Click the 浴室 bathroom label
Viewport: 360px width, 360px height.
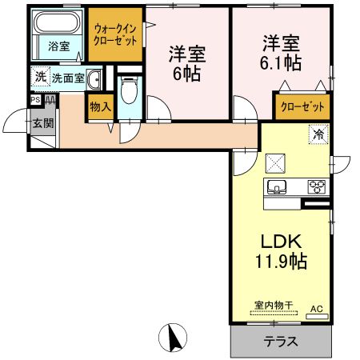(58, 46)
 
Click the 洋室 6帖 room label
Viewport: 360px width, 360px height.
(187, 63)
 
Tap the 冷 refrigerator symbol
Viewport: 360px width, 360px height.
(318, 134)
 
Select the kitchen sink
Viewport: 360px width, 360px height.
(277, 188)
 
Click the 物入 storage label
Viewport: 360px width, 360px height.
(100, 107)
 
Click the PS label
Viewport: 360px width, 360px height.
(35, 101)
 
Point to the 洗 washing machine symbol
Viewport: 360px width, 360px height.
(40, 78)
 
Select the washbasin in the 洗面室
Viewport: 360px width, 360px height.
(94, 78)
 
